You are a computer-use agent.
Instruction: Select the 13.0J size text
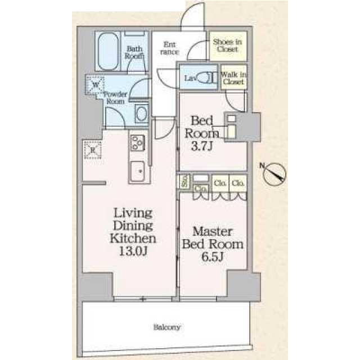(133, 251)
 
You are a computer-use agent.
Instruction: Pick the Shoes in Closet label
(227, 46)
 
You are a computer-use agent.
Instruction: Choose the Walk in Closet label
(232, 78)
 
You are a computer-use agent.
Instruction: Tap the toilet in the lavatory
(206, 78)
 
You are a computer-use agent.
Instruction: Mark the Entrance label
(170, 48)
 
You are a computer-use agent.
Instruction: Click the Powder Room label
(115, 98)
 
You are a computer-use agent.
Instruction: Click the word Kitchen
(133, 238)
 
